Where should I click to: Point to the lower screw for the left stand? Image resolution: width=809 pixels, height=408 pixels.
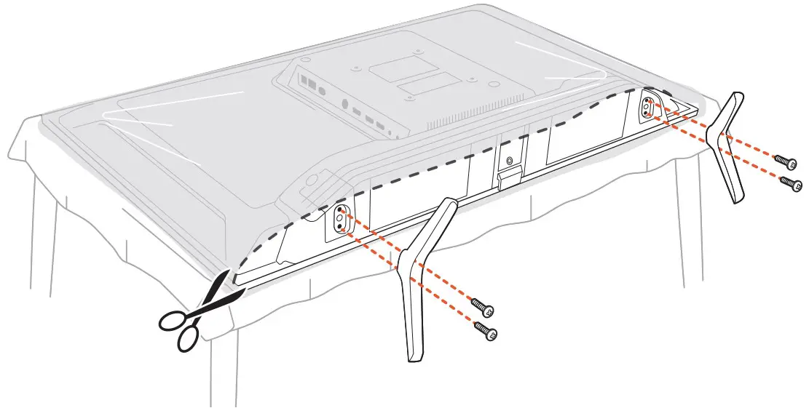point(486,331)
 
